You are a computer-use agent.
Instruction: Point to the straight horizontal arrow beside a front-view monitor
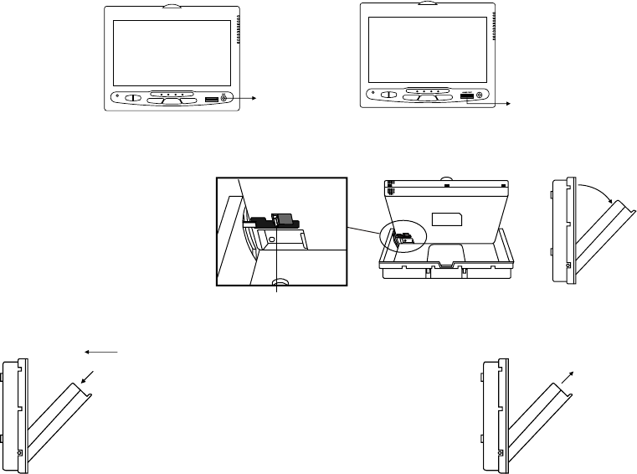[x=244, y=99]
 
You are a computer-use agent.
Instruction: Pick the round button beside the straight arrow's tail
[x=223, y=99]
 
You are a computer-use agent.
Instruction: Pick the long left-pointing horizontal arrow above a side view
[x=105, y=353]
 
